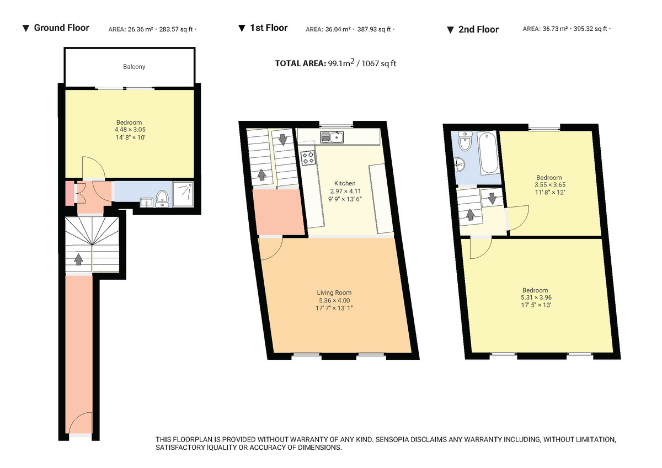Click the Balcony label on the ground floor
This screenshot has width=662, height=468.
click(x=134, y=67)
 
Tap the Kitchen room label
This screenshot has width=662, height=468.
click(x=345, y=183)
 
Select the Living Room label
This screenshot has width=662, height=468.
click(x=334, y=292)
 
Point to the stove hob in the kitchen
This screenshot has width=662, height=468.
click(x=308, y=158)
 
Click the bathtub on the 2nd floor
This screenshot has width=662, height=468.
click(x=488, y=153)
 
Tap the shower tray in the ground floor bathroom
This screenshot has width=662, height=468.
click(x=184, y=193)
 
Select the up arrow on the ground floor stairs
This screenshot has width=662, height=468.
click(x=79, y=258)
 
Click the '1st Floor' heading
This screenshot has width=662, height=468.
click(x=269, y=28)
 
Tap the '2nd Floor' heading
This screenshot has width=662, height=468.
click(x=478, y=29)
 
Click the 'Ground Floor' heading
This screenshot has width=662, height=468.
click(x=61, y=28)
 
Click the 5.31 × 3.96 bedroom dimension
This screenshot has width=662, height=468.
click(x=535, y=297)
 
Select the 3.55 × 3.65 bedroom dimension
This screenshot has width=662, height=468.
click(x=549, y=185)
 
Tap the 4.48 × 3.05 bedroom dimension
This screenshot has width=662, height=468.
click(x=129, y=130)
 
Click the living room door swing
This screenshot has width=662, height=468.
click(x=269, y=248)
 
